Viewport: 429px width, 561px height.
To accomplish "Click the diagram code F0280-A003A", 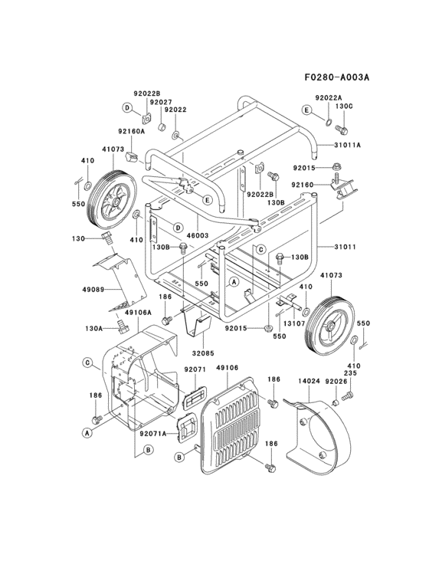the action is [337, 77].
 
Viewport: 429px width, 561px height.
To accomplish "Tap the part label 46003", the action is [198, 236].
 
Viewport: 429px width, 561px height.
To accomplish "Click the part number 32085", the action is [202, 353].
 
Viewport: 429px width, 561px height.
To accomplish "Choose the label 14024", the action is [309, 382].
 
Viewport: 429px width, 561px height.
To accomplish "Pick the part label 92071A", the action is [153, 434].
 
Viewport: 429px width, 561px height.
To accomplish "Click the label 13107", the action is [293, 323].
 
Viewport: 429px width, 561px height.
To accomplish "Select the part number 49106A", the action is [138, 313].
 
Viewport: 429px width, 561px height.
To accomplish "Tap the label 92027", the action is [161, 103].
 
